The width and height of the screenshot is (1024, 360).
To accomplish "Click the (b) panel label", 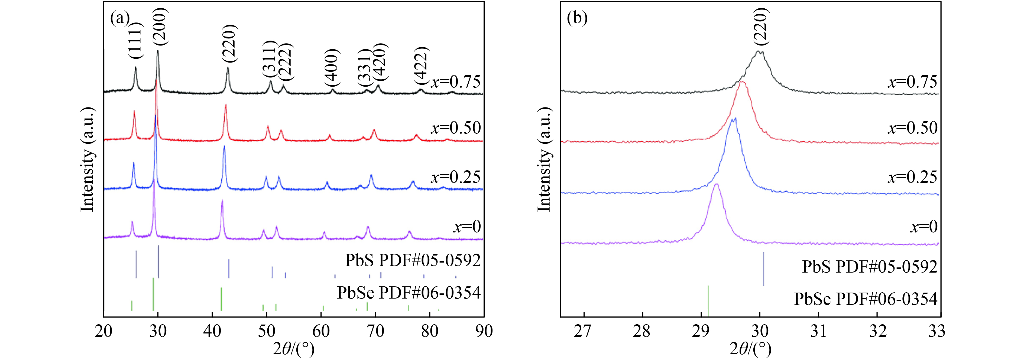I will pos(577,18).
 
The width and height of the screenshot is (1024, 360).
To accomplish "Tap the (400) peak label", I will pos(332,68).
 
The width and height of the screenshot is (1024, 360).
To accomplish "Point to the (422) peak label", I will pos(421,66).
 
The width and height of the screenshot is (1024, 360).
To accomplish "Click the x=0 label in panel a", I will pos(467,227).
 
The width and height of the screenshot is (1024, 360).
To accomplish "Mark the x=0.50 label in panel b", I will pos(913,128).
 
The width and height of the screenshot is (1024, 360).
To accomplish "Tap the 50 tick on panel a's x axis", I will pos(266,331).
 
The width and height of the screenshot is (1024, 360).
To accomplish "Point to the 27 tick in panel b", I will pos(584,331).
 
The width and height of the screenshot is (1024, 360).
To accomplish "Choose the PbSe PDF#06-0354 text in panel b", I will pos(866,299).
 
